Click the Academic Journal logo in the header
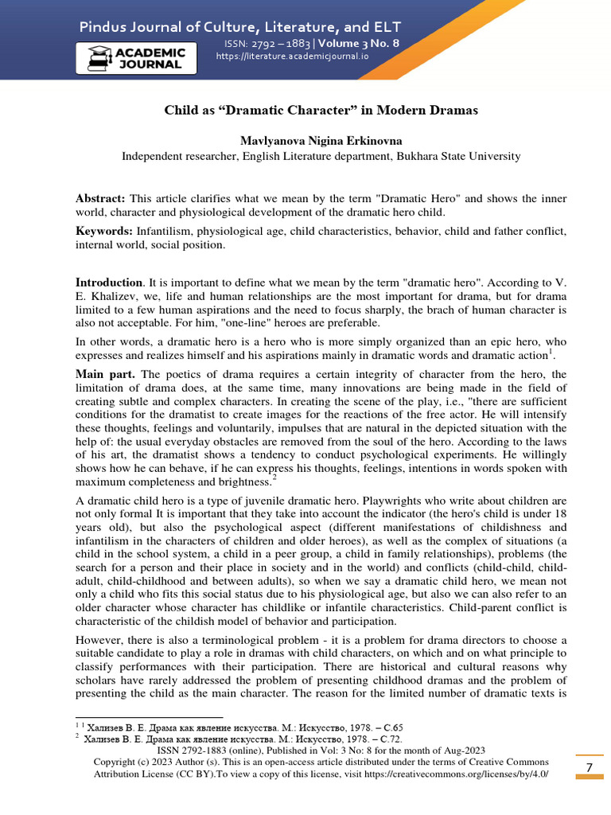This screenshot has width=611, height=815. (136, 58)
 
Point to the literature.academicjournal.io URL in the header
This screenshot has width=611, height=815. (291, 57)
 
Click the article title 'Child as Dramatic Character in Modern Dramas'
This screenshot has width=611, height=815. (321, 110)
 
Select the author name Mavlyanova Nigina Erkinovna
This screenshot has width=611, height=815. (321, 140)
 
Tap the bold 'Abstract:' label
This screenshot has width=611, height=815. (100, 197)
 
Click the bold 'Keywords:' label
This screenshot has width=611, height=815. (104, 231)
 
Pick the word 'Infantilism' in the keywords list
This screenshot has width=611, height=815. (165, 231)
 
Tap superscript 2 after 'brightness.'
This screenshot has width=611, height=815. (274, 479)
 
